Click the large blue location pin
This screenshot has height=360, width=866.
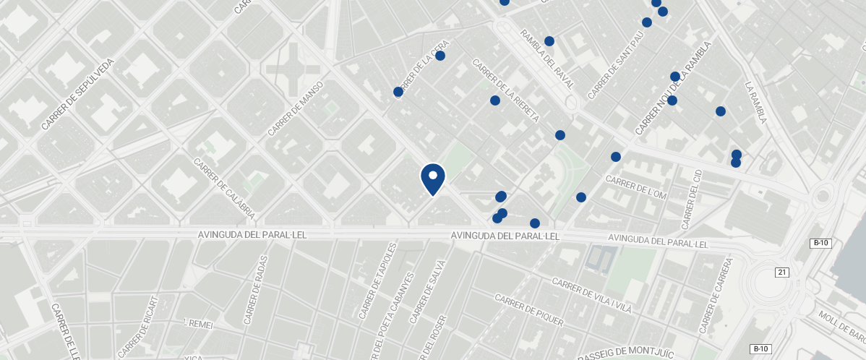(432, 179)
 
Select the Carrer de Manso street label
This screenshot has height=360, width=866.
(296, 108)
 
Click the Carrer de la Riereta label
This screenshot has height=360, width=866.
(505, 90)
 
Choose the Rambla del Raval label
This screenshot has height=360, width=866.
(546, 59)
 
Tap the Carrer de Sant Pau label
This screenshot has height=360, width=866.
(615, 65)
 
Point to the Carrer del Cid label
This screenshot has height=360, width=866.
(692, 196)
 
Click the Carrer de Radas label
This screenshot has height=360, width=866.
(256, 290)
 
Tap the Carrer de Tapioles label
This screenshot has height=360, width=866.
(377, 281)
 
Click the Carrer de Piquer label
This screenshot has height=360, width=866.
(528, 310)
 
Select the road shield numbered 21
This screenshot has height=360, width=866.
(781, 272)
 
